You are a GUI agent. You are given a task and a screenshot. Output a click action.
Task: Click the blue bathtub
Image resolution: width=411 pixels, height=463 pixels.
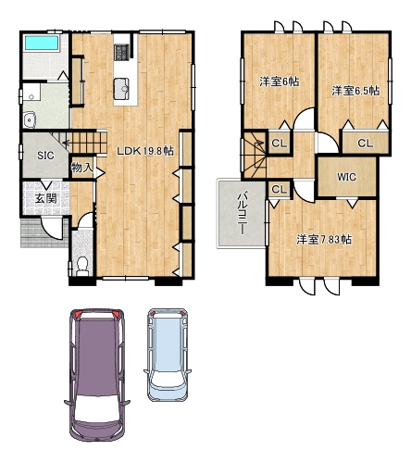(x=42, y=43)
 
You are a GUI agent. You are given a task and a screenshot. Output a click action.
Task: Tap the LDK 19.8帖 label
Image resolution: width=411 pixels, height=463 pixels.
(x=145, y=151)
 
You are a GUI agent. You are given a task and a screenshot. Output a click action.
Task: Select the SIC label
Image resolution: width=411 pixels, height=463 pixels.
(x=45, y=156)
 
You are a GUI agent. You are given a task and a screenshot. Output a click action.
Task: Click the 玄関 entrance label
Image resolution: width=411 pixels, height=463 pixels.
(x=45, y=198)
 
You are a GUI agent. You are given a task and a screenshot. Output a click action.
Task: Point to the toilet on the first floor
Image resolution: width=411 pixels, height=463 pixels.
(x=81, y=266)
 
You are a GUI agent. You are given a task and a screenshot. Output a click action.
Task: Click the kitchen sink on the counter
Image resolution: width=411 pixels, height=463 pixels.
(x=121, y=89)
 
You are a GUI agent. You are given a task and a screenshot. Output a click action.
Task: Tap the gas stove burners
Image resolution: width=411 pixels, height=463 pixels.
(x=120, y=52)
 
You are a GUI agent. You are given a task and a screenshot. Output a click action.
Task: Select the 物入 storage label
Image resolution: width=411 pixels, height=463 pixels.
(x=82, y=168)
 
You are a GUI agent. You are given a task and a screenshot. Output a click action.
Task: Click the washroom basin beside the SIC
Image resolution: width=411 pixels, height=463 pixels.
(x=30, y=119)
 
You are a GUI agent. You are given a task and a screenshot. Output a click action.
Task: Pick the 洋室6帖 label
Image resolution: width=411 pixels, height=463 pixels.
(x=279, y=81)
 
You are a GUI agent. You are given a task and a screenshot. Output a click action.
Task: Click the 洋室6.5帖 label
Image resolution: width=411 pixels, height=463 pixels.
(x=355, y=91)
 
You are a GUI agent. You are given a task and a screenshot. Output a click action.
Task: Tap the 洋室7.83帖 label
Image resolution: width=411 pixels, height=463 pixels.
(x=324, y=240)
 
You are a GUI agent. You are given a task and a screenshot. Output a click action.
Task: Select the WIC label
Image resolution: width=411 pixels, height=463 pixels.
(x=346, y=177)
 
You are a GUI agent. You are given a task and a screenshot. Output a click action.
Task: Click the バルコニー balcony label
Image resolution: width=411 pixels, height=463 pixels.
(x=243, y=214)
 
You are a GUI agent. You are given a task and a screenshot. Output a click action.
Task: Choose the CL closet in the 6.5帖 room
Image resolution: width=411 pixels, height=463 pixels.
(x=366, y=144)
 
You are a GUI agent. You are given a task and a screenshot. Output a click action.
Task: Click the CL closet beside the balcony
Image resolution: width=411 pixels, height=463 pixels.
(x=280, y=190)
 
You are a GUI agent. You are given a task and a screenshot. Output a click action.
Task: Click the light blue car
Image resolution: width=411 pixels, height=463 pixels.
(x=168, y=355)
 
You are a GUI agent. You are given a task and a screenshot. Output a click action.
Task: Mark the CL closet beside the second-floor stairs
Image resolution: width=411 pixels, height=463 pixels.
(x=280, y=144)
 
